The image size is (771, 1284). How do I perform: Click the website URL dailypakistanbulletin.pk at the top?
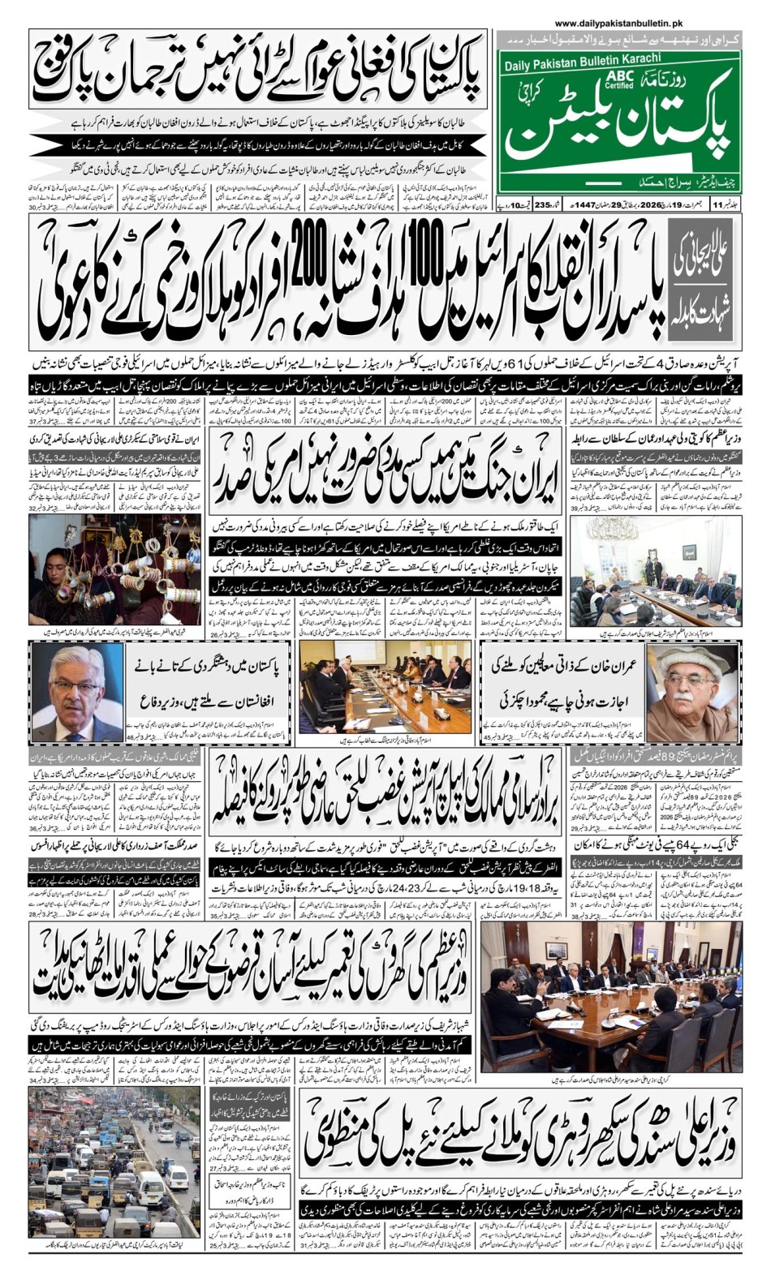pos(619,25)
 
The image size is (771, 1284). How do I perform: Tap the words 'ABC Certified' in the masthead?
pos(618,79)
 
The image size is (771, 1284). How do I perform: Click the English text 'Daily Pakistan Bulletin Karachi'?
pos(582,60)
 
